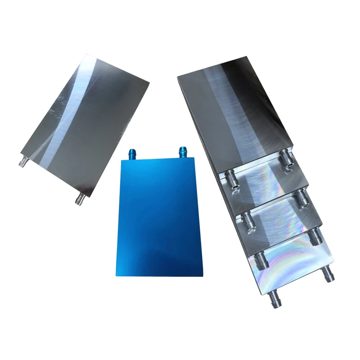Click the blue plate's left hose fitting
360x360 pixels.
click(x=132, y=153)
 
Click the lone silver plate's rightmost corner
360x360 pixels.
click(x=148, y=82)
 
